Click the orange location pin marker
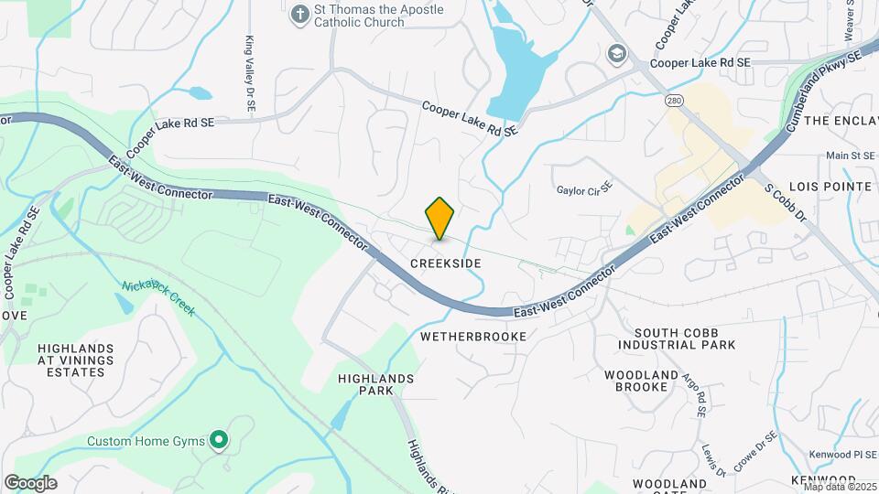point(440,218)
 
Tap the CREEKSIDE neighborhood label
point(445,263)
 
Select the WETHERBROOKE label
point(473,337)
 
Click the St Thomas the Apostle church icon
point(298,15)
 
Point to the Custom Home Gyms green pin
point(218,441)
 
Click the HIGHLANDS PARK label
point(375,384)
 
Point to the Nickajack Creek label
point(157,298)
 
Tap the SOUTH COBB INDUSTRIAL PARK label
point(677,338)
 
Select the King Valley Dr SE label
point(249,75)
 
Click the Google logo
point(30,483)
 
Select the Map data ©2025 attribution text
point(840,486)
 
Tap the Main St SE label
point(851,156)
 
